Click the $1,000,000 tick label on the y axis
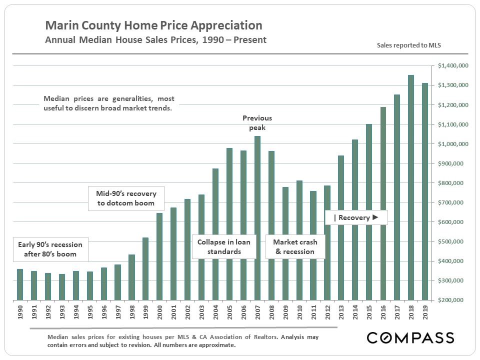coord(452,144)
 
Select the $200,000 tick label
coord(452,300)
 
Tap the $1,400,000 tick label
coord(452,65)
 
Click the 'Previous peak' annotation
coord(257,123)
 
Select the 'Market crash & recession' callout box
coord(295,246)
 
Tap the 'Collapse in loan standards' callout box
coord(224,246)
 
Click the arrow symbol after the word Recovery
coord(375,217)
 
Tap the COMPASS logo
coord(410,337)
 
